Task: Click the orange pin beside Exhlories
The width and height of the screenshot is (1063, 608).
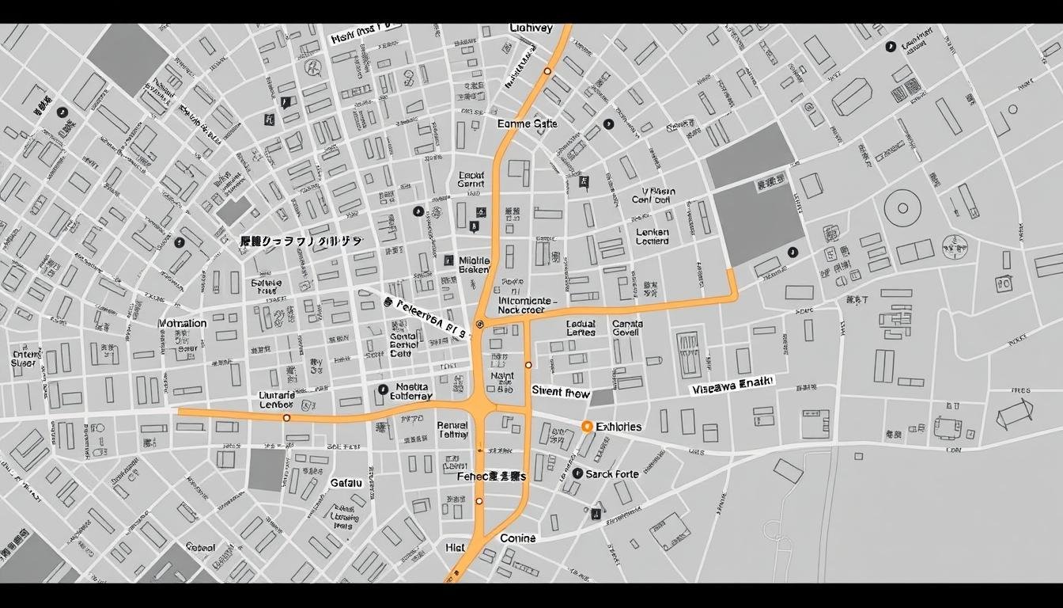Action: coord(587,427)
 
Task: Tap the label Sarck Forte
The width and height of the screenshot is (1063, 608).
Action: coord(612,474)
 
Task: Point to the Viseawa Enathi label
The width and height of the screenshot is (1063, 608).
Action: coord(732,386)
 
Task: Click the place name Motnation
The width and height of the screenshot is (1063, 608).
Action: coord(183,323)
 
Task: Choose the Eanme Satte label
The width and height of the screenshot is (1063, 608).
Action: coord(528,123)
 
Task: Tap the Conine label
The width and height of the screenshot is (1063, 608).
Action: coord(518,538)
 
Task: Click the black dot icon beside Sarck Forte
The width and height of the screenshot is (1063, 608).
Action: coord(577,473)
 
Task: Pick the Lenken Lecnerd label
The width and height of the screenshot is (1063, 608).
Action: coord(653,237)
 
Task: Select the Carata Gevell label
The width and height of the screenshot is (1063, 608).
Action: coord(627,328)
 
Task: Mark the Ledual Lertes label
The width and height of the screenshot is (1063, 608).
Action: coord(581,328)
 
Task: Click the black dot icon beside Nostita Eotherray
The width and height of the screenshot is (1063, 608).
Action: coord(383,389)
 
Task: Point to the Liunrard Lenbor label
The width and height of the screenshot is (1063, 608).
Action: coord(277,400)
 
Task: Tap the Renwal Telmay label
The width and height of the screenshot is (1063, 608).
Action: coord(452,429)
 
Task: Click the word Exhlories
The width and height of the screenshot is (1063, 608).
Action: coord(619,427)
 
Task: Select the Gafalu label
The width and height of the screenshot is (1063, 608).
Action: coord(346,483)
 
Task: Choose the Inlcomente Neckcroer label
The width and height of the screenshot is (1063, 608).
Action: coord(523,306)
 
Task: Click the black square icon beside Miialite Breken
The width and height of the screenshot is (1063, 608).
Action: coord(448,260)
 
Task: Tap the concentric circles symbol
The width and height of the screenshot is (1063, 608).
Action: coord(902,209)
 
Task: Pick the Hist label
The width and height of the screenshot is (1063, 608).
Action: coord(455,547)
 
